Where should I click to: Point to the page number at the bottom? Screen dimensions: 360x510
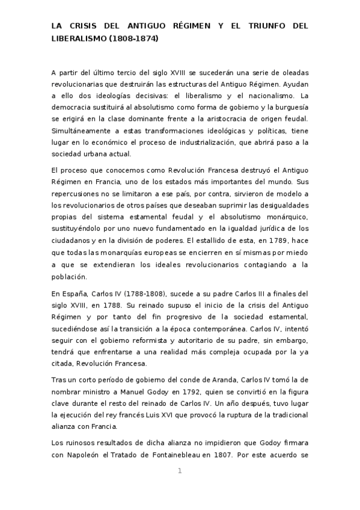point(180,470)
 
